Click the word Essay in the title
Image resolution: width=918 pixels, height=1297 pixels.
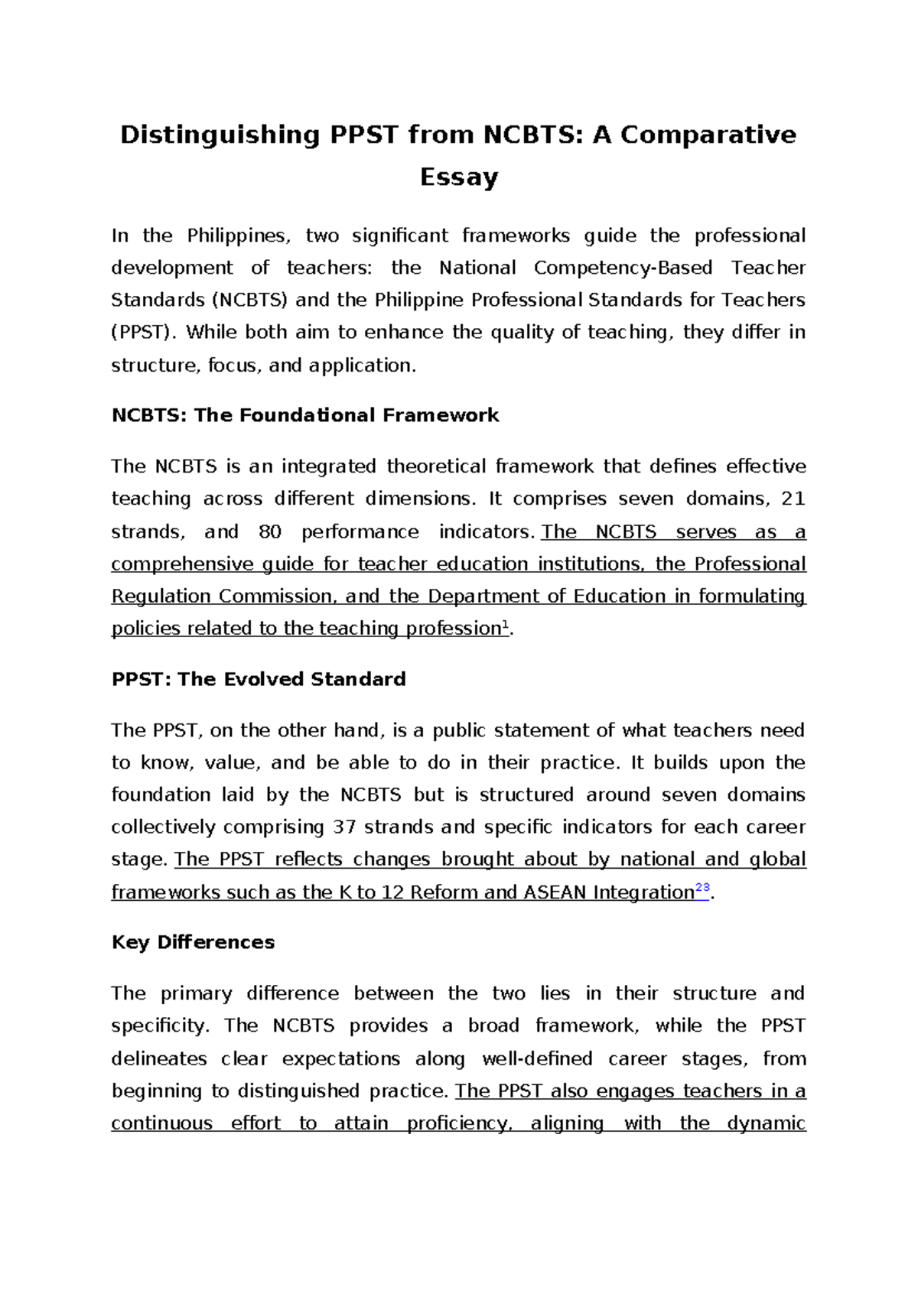coord(458,177)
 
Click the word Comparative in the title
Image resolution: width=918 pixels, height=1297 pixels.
coord(708,135)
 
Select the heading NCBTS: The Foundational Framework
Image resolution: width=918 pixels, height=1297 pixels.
coord(304,415)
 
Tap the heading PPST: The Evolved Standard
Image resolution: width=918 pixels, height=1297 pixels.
coord(258,679)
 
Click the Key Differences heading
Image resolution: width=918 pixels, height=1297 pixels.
coord(193,942)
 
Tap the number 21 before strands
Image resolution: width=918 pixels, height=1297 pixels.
coord(793,499)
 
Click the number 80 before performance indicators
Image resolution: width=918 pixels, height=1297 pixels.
coord(270,531)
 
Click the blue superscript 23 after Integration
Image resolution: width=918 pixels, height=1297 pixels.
coord(702,888)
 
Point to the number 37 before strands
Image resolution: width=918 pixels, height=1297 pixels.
coord(344,827)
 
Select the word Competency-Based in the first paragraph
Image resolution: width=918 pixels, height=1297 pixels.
coord(623,268)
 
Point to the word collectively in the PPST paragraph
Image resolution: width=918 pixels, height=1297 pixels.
coord(163,827)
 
